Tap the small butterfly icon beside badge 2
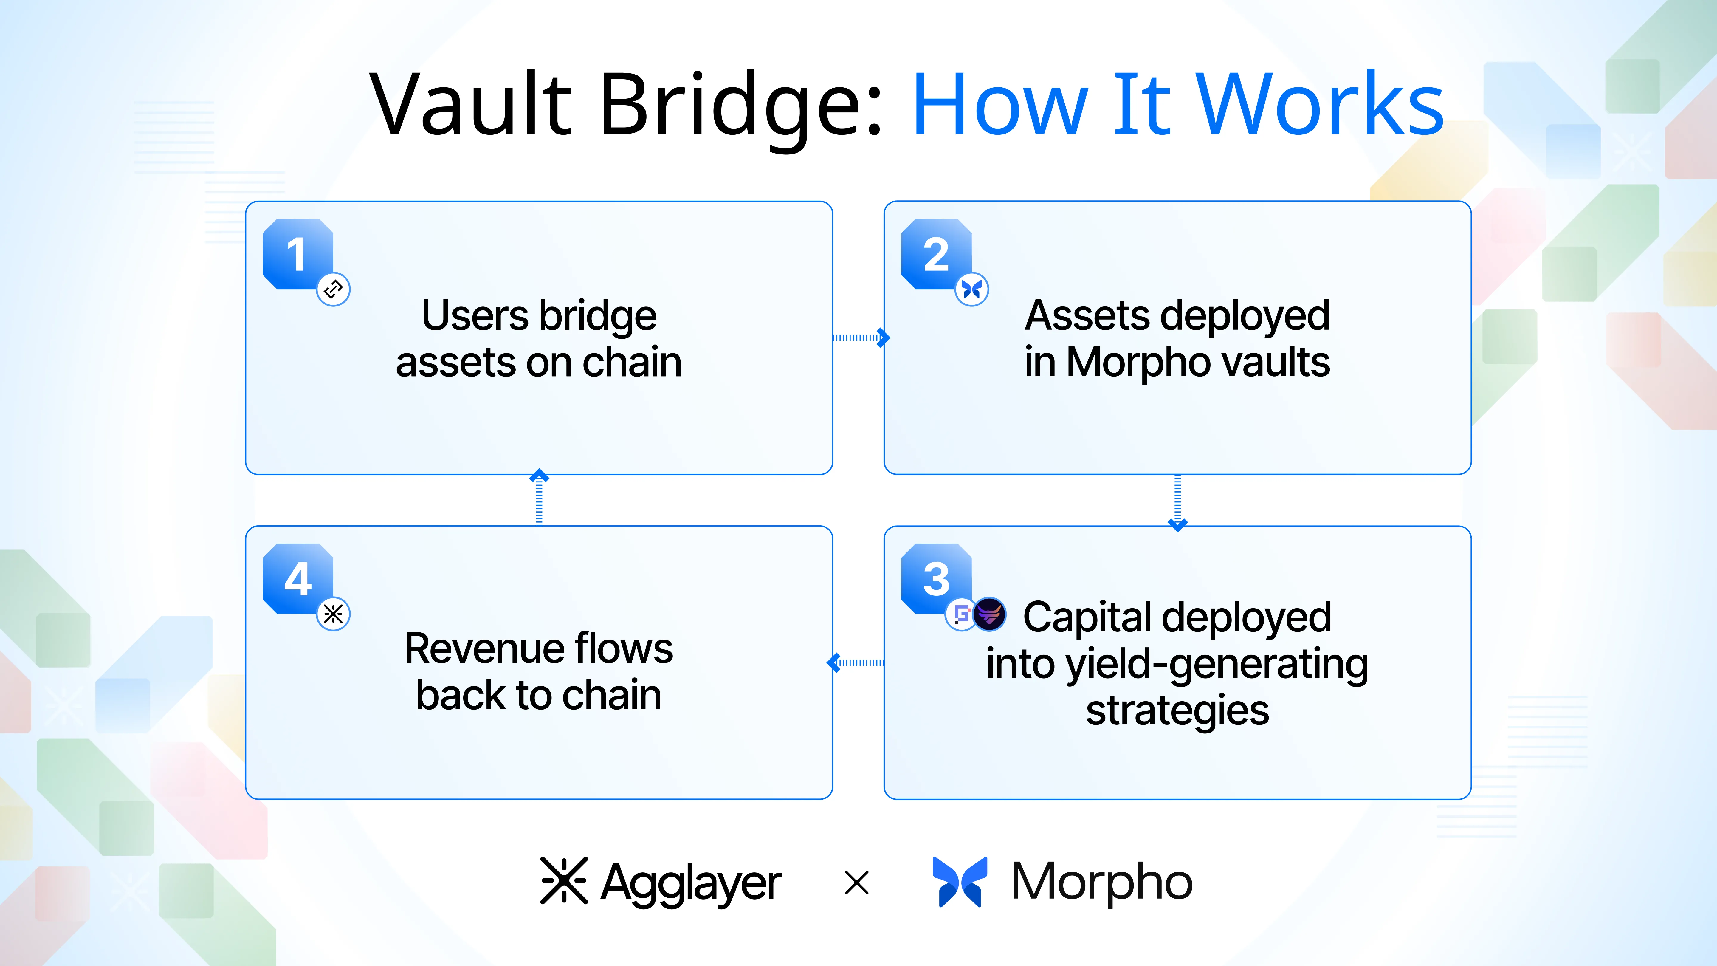[x=972, y=289]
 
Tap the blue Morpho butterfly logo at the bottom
[x=960, y=881]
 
